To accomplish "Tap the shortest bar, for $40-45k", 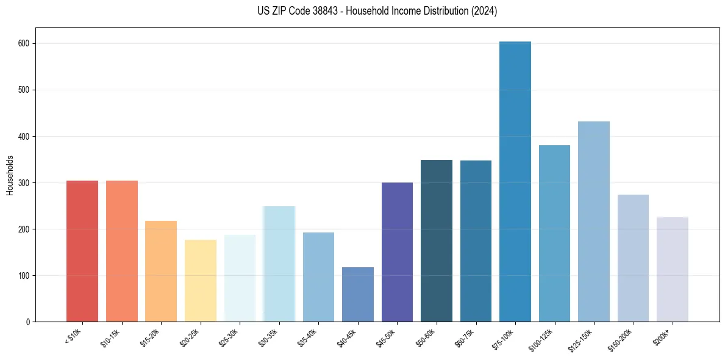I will click(358, 295).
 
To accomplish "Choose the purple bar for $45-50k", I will click(397, 252).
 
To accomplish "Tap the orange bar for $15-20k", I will click(161, 271).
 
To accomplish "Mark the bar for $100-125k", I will click(554, 234).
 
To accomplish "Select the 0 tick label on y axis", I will click(29, 322).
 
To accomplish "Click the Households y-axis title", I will click(10, 175).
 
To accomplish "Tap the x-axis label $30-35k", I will click(268, 337).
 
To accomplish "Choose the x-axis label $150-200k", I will click(620, 339).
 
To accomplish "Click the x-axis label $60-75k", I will click(465, 337).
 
